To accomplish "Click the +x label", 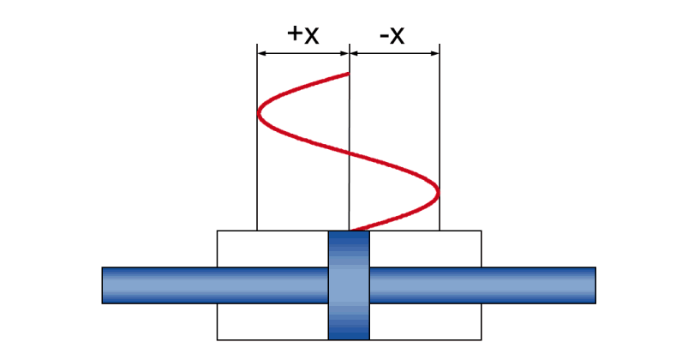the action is [302, 34].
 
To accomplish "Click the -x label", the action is [392, 35].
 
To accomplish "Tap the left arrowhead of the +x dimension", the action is [261, 54].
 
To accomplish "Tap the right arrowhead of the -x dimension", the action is [435, 54].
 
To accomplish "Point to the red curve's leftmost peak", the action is [259, 113].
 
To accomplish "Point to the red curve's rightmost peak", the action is [438, 193].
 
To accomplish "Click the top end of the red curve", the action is [349, 74].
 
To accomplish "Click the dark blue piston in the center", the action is [349, 285].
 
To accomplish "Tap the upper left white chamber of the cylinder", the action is [272, 249].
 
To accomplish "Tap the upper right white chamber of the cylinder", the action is [425, 249].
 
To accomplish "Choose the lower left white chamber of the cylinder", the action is [272, 321].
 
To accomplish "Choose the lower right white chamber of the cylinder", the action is [425, 321].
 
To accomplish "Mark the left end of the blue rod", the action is [102, 285].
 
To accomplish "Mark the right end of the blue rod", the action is [595, 285].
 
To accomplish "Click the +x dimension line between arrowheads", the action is [303, 54].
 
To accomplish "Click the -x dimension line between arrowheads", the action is [394, 54].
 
